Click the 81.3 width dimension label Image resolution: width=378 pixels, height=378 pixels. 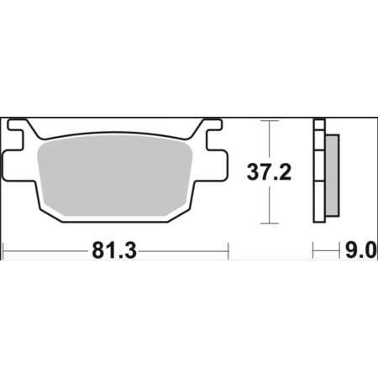(x=114, y=251)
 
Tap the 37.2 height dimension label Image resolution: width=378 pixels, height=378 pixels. (x=269, y=172)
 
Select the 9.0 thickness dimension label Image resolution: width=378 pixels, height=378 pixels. (x=360, y=250)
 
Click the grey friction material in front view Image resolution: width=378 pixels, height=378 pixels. (x=115, y=176)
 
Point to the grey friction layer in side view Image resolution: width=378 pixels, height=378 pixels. (x=333, y=176)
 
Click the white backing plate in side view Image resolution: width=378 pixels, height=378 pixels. (x=319, y=171)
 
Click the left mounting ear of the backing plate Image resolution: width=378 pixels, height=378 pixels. (x=13, y=165)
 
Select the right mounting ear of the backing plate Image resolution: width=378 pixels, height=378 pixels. (x=218, y=165)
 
